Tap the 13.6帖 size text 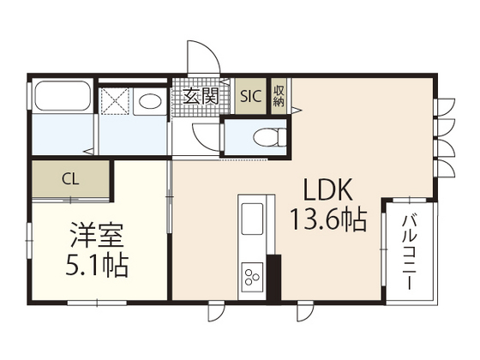click(x=330, y=219)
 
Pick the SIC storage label click(x=251, y=96)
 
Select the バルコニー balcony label click(x=411, y=249)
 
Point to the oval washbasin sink click(x=151, y=101)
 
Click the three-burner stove click(x=254, y=274)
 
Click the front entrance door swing click(x=204, y=57)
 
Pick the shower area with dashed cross click(x=114, y=99)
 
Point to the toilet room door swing click(x=207, y=136)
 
